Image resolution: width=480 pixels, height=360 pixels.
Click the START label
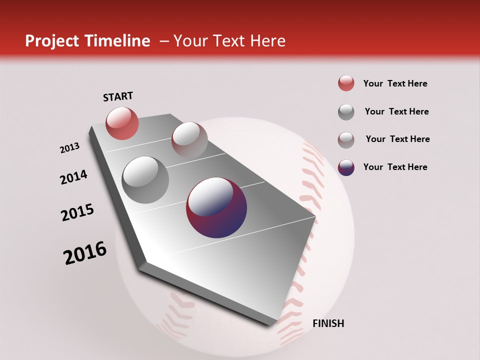(x=118, y=96)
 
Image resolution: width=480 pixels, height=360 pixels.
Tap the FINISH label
(x=328, y=323)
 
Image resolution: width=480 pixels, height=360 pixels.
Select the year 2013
(x=69, y=148)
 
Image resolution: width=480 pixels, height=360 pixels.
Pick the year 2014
(x=73, y=177)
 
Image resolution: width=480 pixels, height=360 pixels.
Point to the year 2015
(x=77, y=212)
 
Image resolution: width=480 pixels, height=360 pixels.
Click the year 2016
(x=85, y=253)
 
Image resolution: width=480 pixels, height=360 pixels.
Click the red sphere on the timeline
(x=122, y=123)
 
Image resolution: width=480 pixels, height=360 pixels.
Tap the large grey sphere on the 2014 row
(x=145, y=179)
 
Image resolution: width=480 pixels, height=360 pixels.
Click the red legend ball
(x=346, y=83)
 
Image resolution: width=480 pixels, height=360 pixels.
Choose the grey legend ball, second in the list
(x=346, y=112)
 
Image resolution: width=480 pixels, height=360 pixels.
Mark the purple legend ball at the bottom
(x=346, y=167)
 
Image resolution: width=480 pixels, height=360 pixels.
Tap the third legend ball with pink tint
(x=346, y=140)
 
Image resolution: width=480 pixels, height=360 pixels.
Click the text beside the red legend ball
(x=395, y=83)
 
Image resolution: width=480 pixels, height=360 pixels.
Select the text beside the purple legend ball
(x=395, y=167)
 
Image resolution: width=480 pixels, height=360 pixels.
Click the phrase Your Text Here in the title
(x=229, y=41)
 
